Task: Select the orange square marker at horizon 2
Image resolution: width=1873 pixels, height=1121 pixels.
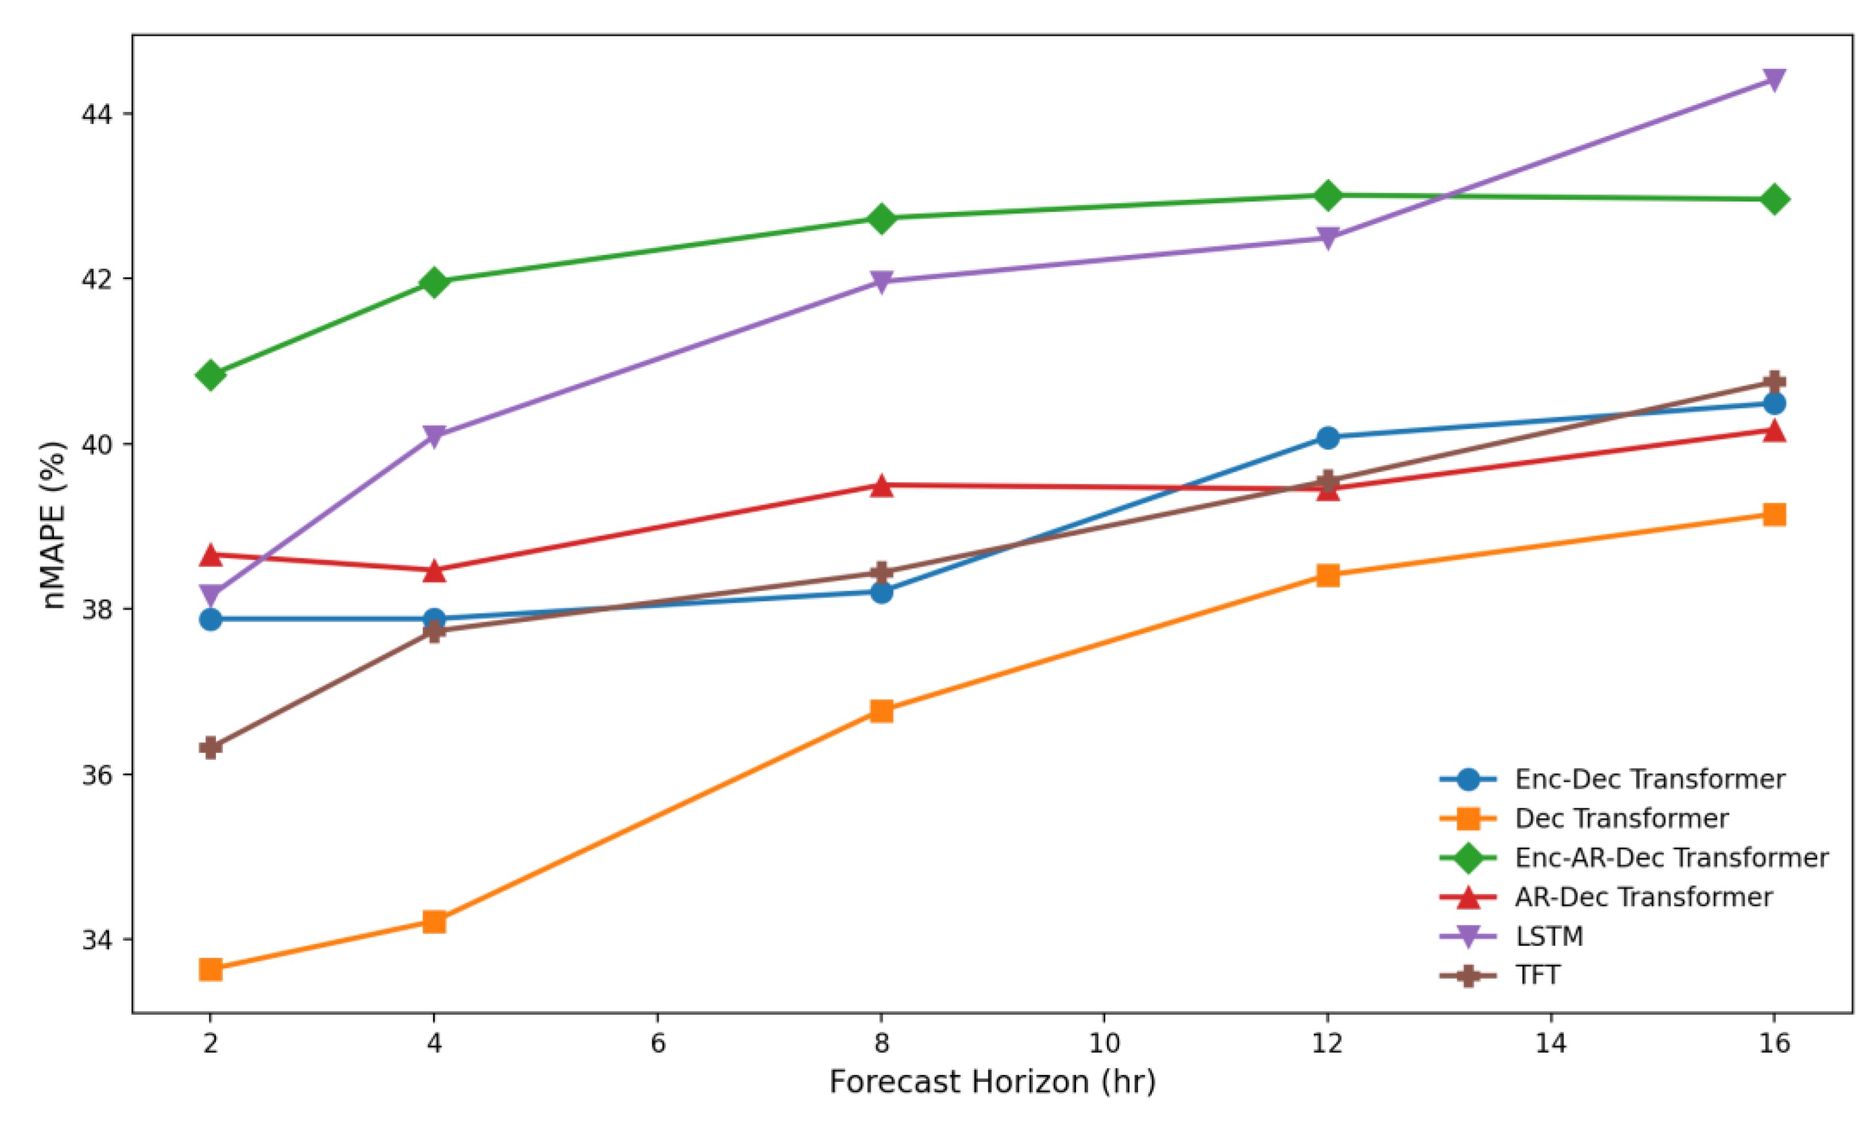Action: click(x=211, y=969)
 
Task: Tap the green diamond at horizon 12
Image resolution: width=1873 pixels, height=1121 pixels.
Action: click(x=1328, y=195)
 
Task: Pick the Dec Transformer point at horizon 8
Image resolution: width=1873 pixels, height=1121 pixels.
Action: click(x=882, y=711)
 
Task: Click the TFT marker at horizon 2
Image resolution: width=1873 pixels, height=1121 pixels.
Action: click(x=211, y=748)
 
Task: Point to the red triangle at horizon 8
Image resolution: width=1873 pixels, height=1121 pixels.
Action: click(x=882, y=485)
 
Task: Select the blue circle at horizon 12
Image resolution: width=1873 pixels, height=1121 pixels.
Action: click(x=1328, y=437)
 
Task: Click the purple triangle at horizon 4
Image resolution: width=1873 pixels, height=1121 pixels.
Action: click(x=434, y=436)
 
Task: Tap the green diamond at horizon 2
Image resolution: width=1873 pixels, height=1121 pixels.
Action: click(x=211, y=375)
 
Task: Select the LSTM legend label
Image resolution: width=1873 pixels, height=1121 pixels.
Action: click(x=1549, y=936)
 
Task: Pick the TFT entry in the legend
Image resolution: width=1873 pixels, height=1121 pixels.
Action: click(x=1538, y=975)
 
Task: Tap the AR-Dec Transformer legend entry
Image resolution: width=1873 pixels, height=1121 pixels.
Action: click(x=1643, y=897)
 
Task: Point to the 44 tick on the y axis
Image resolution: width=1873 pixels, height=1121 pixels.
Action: click(x=96, y=114)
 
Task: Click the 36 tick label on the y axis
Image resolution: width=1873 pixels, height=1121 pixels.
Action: click(x=96, y=775)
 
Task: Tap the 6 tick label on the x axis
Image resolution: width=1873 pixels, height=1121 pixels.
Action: click(x=657, y=1043)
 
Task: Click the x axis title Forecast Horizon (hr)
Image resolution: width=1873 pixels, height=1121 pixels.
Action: click(x=992, y=1082)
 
